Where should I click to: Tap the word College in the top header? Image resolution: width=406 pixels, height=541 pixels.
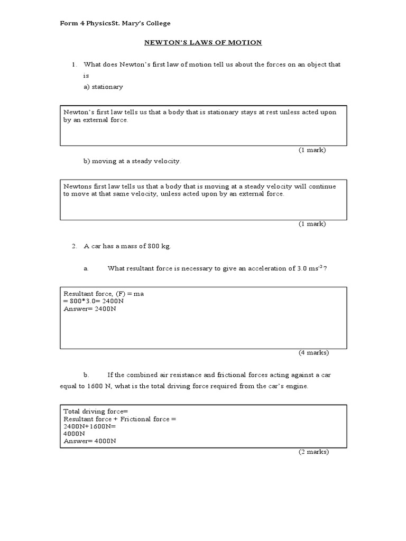(158, 23)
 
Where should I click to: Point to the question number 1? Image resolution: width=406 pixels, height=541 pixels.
(74, 64)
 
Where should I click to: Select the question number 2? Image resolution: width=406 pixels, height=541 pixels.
(74, 246)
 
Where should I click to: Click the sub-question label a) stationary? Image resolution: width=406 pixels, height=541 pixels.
(103, 87)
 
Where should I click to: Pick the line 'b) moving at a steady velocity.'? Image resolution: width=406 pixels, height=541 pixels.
(132, 161)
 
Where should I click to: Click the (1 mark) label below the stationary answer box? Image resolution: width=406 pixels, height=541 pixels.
(312, 150)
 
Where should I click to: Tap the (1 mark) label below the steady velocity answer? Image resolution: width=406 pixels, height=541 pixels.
(312, 223)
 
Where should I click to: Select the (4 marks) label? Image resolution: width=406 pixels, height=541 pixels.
(313, 352)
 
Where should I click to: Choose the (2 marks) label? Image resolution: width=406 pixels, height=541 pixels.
(313, 452)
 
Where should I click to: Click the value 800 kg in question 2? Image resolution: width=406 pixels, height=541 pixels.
(159, 246)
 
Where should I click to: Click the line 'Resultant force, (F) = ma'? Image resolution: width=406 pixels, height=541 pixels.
(104, 294)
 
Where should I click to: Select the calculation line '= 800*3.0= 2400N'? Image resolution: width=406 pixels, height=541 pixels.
(94, 301)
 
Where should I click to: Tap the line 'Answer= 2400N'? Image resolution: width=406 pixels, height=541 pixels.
(90, 309)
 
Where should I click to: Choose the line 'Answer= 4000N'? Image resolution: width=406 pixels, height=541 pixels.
(90, 441)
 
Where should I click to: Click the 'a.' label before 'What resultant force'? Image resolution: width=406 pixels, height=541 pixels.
(86, 268)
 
